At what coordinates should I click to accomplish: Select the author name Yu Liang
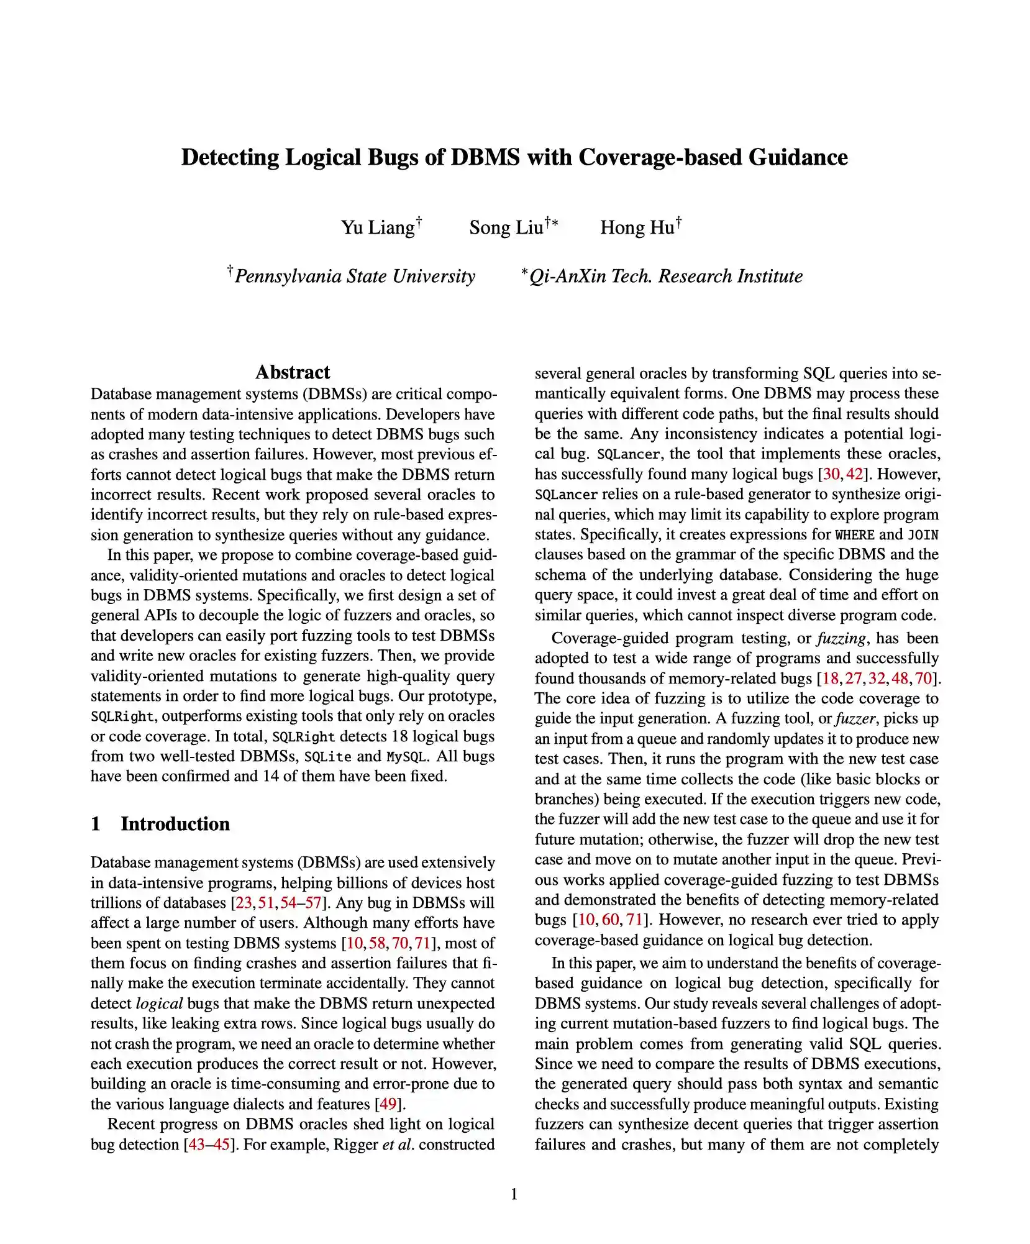[x=378, y=227]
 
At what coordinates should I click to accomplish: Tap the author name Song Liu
[x=506, y=227]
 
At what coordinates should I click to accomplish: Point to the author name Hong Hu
[x=637, y=227]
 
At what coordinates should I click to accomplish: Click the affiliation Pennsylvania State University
[x=355, y=276]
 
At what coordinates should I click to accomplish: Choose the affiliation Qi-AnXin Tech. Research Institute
[x=665, y=276]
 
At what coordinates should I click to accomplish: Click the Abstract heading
[x=293, y=372]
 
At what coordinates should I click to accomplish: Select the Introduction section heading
[x=175, y=824]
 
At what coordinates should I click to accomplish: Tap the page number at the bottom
[x=514, y=1194]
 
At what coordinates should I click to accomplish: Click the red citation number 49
[x=388, y=1104]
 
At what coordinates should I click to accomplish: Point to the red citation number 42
[x=855, y=474]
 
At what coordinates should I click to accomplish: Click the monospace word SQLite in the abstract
[x=327, y=757]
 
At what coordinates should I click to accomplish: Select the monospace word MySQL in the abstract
[x=406, y=757]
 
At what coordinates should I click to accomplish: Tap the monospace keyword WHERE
[x=855, y=535]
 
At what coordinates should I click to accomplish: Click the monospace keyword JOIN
[x=923, y=535]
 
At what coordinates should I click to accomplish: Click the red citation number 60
[x=611, y=920]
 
